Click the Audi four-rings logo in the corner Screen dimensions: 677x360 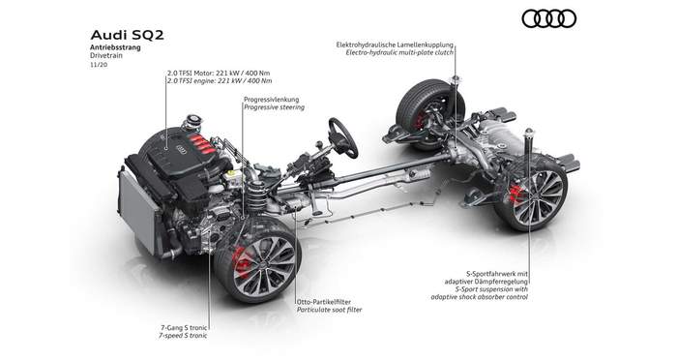point(548,19)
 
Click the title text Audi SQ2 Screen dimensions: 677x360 point(127,35)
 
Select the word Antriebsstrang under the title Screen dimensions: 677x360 point(115,48)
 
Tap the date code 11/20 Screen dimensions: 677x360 point(99,65)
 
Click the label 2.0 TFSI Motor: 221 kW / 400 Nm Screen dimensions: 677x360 point(219,73)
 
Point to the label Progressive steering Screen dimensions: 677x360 point(274,107)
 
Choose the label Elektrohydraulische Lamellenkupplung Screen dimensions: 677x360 point(395,45)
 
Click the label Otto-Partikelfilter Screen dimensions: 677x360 point(324,302)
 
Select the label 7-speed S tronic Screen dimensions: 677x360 point(183,336)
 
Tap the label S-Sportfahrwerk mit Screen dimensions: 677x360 point(497,274)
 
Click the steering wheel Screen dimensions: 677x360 point(343,137)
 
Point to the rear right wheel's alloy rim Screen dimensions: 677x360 point(538,196)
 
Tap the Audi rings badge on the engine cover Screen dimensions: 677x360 point(182,150)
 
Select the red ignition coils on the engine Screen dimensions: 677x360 point(201,144)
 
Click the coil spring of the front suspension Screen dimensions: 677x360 point(256,199)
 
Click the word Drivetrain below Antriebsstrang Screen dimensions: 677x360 point(106,56)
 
